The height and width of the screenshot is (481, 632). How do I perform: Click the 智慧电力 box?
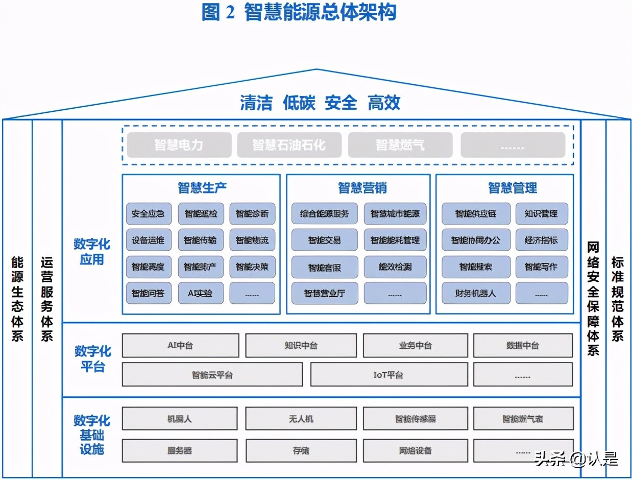[179, 145]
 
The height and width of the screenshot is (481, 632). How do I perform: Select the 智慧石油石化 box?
[289, 145]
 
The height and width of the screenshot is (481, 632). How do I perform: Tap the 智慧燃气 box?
[400, 145]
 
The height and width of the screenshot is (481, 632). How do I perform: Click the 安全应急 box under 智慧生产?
[149, 214]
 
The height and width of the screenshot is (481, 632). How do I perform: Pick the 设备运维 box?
[149, 240]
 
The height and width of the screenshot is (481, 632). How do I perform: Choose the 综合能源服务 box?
[325, 214]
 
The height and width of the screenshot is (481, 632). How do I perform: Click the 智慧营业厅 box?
[325, 294]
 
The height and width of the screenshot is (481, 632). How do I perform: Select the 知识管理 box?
[541, 214]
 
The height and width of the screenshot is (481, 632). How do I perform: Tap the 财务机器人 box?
[476, 294]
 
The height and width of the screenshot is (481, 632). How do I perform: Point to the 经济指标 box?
[541, 240]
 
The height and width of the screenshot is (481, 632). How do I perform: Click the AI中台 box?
[180, 346]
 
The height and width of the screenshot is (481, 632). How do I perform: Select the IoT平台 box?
[388, 375]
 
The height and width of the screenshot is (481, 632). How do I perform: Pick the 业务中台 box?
[415, 346]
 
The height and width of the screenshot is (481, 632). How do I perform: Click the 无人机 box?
[301, 419]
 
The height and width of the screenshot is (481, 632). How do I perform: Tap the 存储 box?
[301, 450]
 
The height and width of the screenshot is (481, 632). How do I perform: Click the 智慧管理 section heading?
[513, 188]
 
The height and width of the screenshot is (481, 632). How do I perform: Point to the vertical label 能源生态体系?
[17, 299]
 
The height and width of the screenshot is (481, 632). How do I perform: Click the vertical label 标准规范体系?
[618, 299]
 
